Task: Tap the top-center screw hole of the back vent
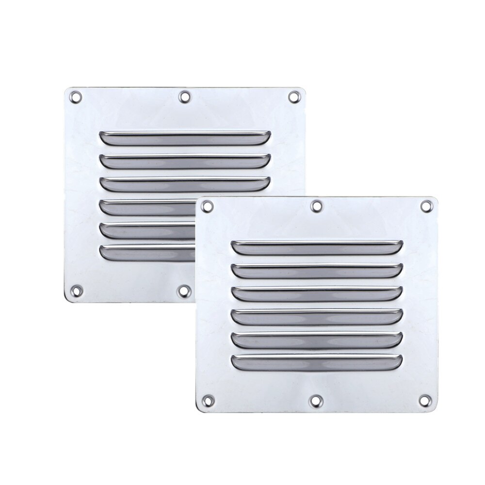point(184,97)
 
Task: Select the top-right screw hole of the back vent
point(293,97)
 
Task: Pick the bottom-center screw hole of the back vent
point(184,291)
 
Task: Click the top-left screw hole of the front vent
point(208,207)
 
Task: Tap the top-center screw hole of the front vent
point(317,207)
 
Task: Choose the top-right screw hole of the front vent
point(426,206)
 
